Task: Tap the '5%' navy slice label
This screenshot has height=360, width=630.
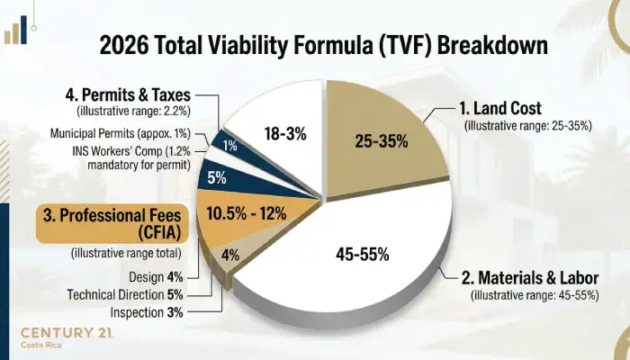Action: (x=217, y=177)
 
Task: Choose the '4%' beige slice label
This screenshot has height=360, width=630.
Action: (x=230, y=255)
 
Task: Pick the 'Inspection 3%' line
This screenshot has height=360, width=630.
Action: (x=150, y=312)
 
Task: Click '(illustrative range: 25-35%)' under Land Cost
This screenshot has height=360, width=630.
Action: (x=528, y=126)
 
